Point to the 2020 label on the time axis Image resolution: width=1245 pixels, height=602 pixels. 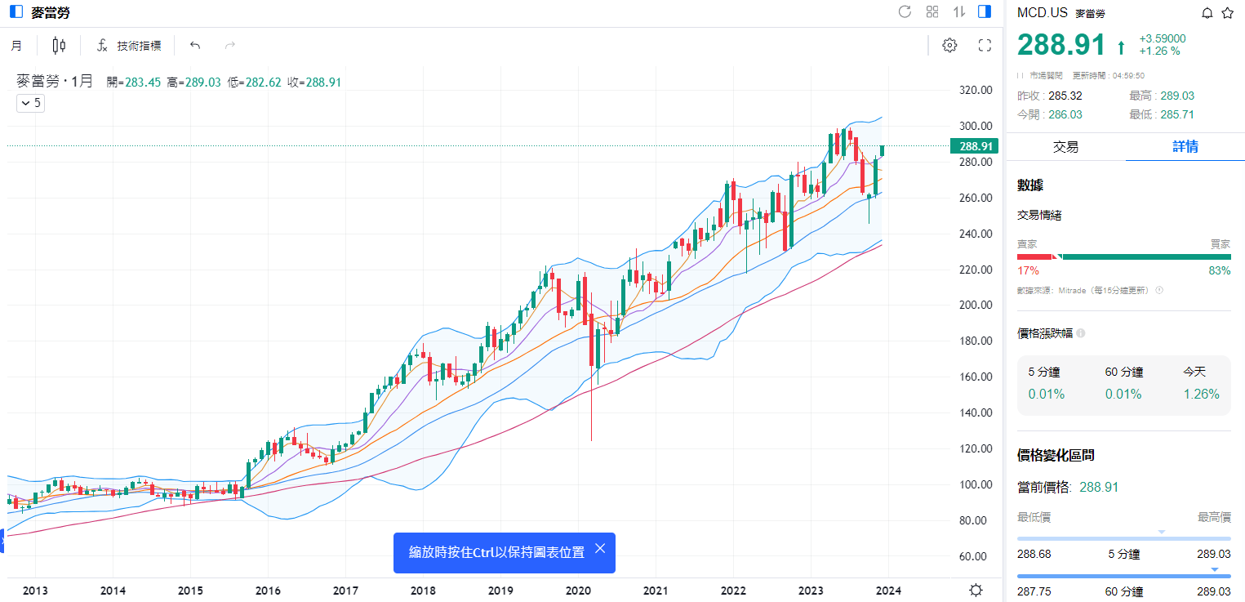578,591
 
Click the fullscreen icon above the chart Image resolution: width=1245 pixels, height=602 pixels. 985,46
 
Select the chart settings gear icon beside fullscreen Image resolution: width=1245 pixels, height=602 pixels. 949,46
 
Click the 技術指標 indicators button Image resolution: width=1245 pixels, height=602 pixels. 129,46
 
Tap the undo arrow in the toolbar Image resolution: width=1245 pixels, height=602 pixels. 194,46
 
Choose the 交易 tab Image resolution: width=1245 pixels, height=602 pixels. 1065,147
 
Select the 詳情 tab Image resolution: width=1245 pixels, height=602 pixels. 1185,147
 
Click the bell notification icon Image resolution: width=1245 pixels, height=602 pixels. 1207,12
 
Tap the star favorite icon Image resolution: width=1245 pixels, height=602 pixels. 1227,12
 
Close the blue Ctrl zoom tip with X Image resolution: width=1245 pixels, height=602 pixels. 600,548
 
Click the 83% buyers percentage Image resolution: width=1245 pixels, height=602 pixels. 1220,270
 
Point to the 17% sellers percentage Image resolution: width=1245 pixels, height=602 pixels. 1027,270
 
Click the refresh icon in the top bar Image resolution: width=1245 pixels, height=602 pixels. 905,11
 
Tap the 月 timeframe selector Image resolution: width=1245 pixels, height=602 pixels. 16,46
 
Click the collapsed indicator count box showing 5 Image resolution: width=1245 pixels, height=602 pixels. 31,103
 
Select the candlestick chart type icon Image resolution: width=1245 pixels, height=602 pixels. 59,46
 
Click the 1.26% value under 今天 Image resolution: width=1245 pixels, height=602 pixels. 1201,395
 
